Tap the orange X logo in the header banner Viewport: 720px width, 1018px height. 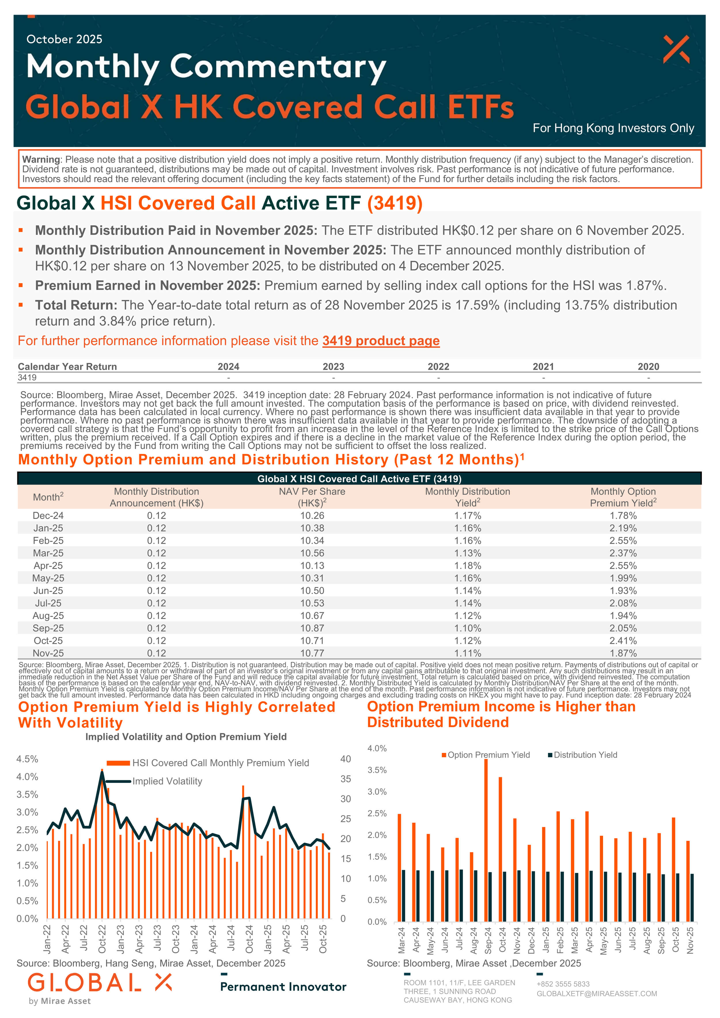(x=676, y=49)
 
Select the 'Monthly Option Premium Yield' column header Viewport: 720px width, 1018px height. (x=623, y=497)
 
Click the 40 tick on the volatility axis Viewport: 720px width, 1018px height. (x=346, y=759)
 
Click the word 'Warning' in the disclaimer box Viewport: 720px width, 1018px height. (x=41, y=160)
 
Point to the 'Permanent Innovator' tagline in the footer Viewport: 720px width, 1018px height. (x=283, y=987)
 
